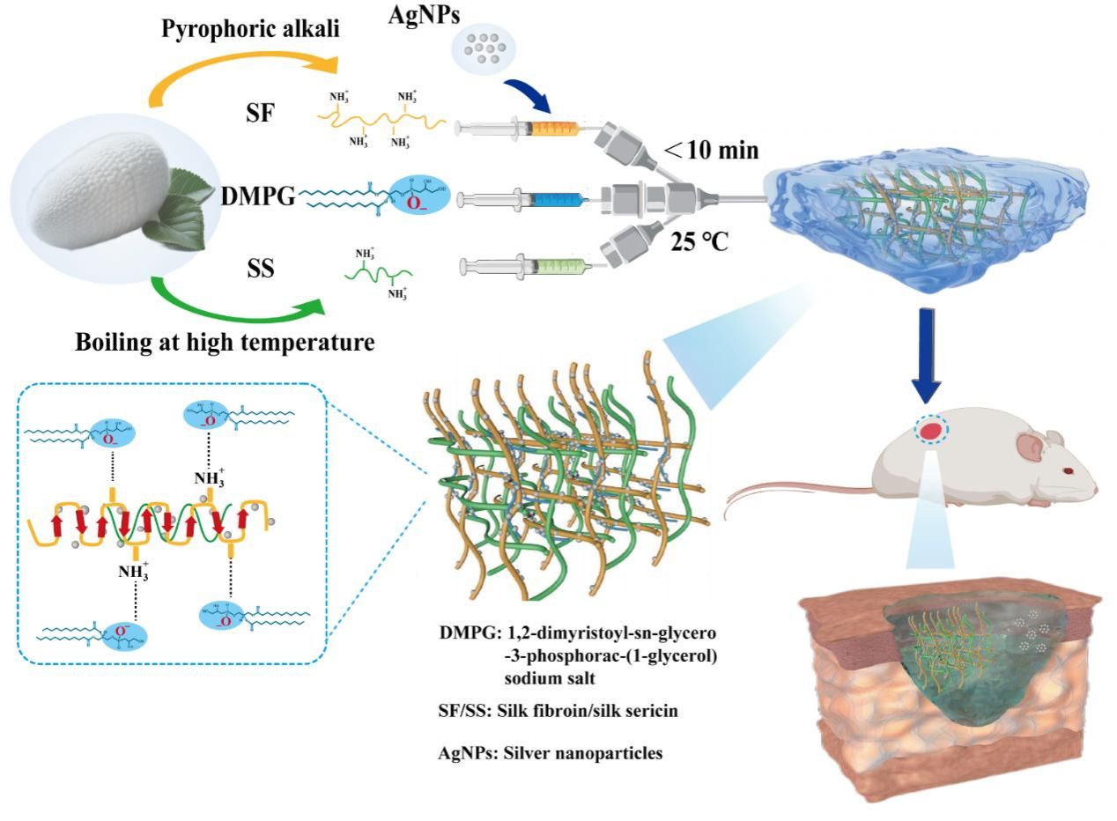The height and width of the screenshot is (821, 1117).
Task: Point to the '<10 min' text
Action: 710,151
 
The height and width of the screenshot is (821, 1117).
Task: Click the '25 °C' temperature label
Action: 699,240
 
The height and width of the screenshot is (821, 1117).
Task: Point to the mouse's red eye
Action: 1069,471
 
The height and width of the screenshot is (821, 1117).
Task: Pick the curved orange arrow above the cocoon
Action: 239,67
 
